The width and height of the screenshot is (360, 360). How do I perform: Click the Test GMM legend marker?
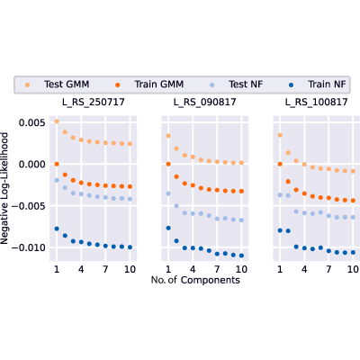click(x=28, y=85)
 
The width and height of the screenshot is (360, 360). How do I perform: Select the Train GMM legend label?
click(x=159, y=85)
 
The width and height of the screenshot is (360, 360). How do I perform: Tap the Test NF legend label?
click(x=246, y=85)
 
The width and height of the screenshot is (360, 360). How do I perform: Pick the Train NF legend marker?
click(x=291, y=85)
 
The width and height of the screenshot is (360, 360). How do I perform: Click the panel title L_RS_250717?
click(x=94, y=103)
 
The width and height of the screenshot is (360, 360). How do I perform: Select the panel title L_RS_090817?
click(x=205, y=103)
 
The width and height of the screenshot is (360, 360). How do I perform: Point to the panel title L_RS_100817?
click(x=317, y=103)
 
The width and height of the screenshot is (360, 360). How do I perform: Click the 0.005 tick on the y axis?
click(x=32, y=122)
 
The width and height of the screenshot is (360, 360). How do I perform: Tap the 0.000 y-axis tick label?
click(x=32, y=165)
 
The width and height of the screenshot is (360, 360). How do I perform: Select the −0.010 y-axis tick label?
click(x=29, y=247)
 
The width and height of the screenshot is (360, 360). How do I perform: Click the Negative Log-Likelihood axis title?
click(x=4, y=188)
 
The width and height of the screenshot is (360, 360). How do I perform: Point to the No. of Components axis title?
click(x=195, y=280)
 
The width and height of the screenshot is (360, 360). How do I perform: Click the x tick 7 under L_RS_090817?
click(x=217, y=269)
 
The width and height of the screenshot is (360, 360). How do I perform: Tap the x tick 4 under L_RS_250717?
click(x=81, y=269)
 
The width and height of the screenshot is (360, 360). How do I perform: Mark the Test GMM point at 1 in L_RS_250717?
click(x=57, y=121)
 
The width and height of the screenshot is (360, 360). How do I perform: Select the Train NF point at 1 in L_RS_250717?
click(x=57, y=229)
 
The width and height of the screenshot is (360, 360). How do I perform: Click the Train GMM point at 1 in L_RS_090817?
click(x=168, y=164)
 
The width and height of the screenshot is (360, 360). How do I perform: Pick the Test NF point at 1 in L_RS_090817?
click(x=168, y=193)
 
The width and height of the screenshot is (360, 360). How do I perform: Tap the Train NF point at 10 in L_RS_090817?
click(x=241, y=256)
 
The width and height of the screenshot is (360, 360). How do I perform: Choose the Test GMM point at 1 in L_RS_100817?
click(x=280, y=135)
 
